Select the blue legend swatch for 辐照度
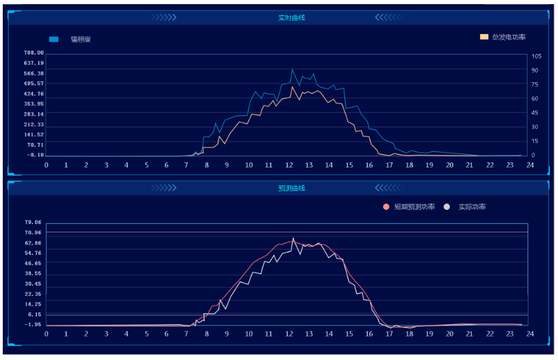pos(54,39)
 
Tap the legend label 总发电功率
pos(509,37)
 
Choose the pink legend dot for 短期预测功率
pos(385,207)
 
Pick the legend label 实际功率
pos(472,207)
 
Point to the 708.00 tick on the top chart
pos(34,53)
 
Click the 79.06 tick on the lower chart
pos(33,222)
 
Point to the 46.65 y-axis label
pos(33,263)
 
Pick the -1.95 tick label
pos(33,324)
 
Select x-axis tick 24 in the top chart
pos(530,165)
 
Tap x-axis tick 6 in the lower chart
pos(167,334)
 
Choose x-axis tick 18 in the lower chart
pos(409,334)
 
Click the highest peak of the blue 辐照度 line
pos(292,70)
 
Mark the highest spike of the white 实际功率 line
pos(293,238)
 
